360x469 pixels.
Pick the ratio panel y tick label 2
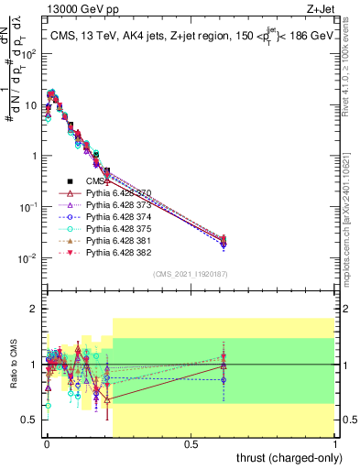(x=33, y=309)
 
